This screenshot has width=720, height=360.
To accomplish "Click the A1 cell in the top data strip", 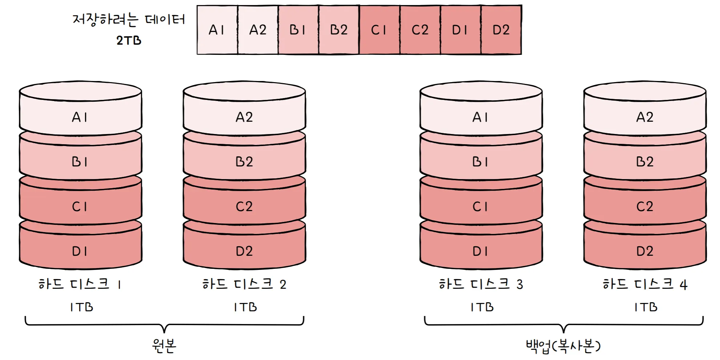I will [217, 30].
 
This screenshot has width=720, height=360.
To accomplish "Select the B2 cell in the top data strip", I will [339, 30].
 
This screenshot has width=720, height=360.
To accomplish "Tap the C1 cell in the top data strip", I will [379, 30].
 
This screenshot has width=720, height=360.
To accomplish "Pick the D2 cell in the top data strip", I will [501, 30].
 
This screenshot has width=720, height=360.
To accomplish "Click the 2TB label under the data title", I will [129, 40].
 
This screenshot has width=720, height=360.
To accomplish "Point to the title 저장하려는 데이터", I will [129, 19].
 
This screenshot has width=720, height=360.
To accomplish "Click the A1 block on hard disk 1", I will [80, 117].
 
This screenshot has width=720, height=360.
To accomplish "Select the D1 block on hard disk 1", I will [80, 251].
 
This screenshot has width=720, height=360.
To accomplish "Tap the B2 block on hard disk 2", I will [244, 162].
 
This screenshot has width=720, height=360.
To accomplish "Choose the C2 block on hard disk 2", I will [244, 206].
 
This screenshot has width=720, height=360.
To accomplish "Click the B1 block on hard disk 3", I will [481, 162].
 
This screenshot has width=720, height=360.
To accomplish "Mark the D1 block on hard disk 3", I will [481, 251].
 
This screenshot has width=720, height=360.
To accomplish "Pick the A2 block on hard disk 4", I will [645, 117].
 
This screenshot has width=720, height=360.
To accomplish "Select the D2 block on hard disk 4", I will [645, 251].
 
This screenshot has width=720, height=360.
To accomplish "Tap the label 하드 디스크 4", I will [645, 284].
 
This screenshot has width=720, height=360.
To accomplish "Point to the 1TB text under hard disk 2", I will [245, 307].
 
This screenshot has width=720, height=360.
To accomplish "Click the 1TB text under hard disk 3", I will [482, 307].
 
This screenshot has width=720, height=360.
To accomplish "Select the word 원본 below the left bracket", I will [164, 345].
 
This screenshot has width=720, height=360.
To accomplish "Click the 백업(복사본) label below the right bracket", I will [563, 346].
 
